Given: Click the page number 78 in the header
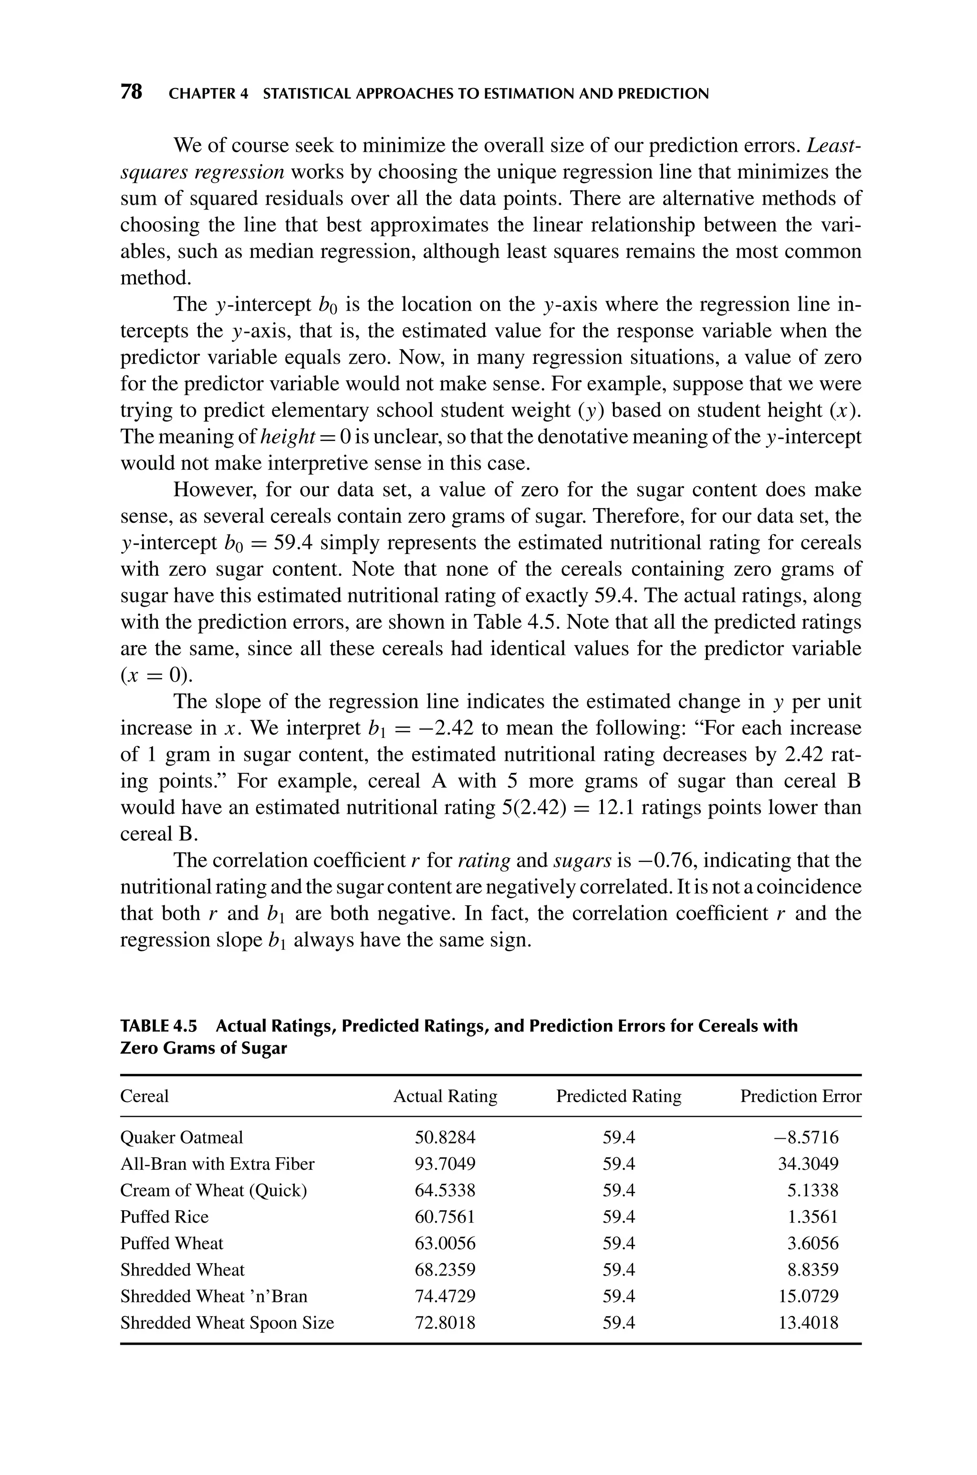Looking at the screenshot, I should [131, 93].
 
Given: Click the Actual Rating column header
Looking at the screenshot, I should [445, 1096].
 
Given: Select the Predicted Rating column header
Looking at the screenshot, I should [618, 1096].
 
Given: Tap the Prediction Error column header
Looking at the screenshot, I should [800, 1096].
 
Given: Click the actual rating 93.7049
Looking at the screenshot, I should [445, 1164].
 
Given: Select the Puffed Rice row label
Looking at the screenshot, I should [165, 1217].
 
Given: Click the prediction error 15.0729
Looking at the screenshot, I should [808, 1296].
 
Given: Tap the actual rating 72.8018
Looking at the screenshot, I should [445, 1323].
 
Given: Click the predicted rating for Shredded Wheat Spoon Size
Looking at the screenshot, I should [619, 1323].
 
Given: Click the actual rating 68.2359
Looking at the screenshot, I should [445, 1270].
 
